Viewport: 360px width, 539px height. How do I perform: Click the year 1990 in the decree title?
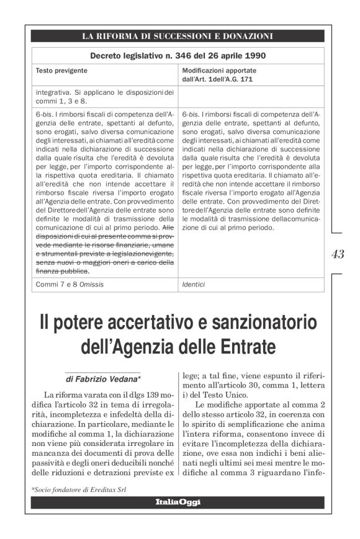click(x=254, y=56)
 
